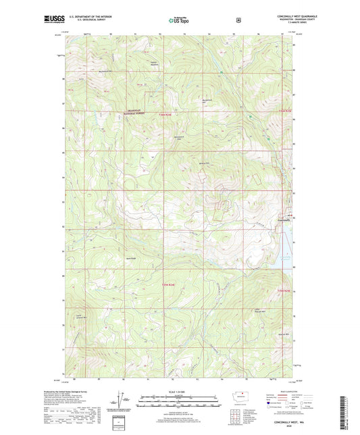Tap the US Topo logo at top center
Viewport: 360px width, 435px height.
pyautogui.click(x=179, y=20)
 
